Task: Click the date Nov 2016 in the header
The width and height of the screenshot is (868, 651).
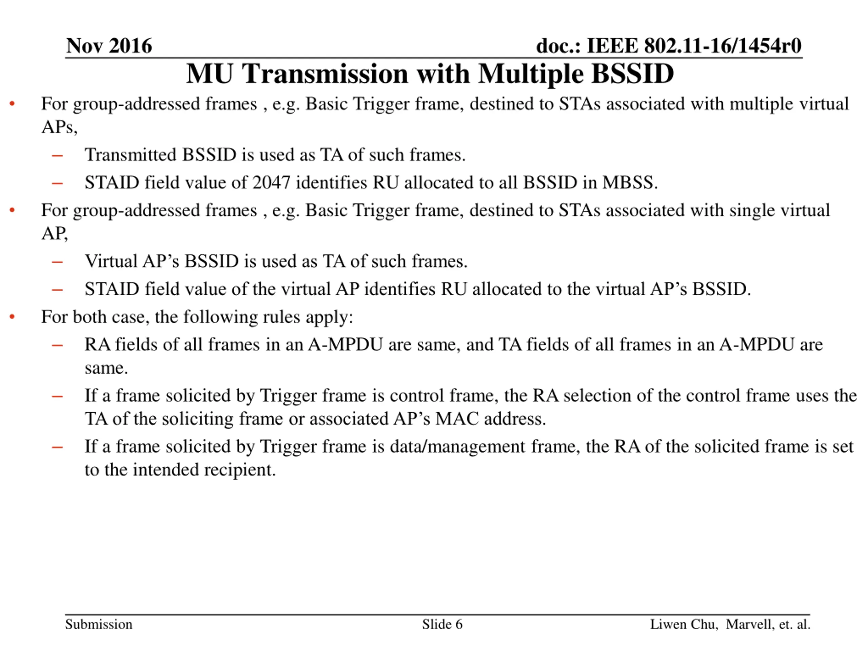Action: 109,46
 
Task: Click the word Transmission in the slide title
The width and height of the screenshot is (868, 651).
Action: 325,74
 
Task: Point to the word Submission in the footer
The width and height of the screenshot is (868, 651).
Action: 98,624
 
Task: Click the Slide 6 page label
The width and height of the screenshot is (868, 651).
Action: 442,624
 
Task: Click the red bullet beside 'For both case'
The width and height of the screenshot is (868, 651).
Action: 12,317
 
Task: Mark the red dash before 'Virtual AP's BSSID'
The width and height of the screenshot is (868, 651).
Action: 57,262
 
